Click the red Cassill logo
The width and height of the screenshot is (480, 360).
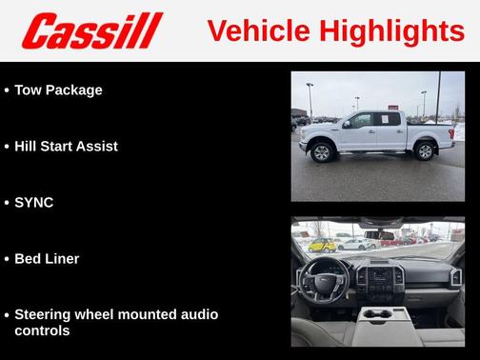click(x=92, y=30)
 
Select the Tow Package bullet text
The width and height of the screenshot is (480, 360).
click(x=58, y=90)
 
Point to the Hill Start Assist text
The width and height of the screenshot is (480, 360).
click(x=66, y=147)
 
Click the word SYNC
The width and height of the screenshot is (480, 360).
click(x=33, y=203)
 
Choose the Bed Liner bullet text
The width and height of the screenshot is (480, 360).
click(x=47, y=258)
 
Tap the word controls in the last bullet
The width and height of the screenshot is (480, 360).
click(x=41, y=330)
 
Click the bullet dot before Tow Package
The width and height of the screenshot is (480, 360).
click(x=7, y=90)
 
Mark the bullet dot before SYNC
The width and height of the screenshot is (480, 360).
click(x=7, y=203)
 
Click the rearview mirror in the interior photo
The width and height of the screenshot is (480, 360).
click(x=379, y=231)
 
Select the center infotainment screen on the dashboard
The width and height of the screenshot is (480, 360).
click(x=380, y=270)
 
